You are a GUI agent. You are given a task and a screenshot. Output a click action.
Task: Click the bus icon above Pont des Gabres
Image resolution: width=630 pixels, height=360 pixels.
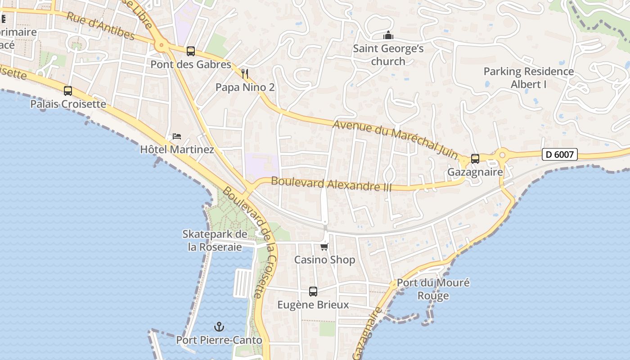point(191,51)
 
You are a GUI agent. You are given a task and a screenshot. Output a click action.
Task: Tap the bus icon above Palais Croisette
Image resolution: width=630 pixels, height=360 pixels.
point(68,91)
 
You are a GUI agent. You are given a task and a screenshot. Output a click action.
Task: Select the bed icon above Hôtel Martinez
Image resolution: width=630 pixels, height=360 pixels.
point(177,136)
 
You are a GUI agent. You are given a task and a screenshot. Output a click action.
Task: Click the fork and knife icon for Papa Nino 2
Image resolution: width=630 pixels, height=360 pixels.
point(245,74)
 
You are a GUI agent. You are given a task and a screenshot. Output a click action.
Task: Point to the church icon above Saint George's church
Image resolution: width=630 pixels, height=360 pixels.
point(388,35)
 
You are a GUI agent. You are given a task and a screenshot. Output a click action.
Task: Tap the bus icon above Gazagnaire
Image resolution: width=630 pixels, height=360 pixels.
point(475,158)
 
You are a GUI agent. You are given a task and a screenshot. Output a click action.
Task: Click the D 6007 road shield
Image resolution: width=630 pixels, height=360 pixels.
point(559,154)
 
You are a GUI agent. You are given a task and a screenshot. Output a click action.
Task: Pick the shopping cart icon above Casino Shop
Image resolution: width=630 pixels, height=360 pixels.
point(324,247)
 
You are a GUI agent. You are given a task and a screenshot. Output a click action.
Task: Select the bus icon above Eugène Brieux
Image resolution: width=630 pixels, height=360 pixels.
point(313,291)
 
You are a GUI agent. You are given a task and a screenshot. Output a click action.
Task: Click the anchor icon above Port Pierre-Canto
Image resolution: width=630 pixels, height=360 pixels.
point(219,326)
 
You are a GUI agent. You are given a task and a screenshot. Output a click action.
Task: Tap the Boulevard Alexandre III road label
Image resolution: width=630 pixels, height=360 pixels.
point(332,184)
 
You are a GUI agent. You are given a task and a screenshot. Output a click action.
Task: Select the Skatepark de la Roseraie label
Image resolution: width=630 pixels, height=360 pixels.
point(215,240)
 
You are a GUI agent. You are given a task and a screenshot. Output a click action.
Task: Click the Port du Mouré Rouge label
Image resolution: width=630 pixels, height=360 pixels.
point(433,289)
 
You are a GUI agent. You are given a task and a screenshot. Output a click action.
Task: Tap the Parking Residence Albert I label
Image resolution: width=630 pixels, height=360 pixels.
point(529,77)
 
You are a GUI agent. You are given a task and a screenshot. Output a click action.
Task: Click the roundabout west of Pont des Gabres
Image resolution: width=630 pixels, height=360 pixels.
point(161,45)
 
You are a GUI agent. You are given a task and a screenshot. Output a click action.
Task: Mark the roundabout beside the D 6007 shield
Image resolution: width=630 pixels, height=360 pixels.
point(502,155)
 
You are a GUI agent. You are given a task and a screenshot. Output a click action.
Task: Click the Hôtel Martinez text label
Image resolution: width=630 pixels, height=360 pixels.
point(177,149)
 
